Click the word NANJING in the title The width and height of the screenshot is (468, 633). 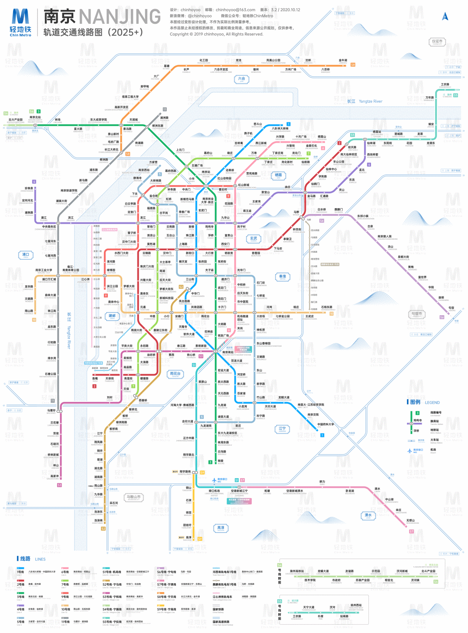[120, 17]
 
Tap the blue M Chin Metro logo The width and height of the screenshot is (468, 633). [20, 22]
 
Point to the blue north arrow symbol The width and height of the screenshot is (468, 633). [445, 16]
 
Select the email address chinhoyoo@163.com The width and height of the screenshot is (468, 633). [235, 10]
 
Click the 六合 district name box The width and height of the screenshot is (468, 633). [241, 79]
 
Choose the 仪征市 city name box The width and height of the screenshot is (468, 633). [437, 42]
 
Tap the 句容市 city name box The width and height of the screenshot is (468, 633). [416, 314]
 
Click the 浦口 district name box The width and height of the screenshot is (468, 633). [26, 255]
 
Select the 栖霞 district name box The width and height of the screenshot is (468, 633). [278, 176]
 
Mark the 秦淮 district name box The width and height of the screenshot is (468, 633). [283, 276]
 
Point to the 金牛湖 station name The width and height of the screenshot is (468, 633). [343, 61]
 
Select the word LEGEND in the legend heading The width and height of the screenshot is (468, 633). [432, 402]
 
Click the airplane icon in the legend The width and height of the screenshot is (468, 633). [409, 450]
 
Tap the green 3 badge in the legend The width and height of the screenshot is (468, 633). [417, 413]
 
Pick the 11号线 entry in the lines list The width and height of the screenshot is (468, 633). [65, 621]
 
